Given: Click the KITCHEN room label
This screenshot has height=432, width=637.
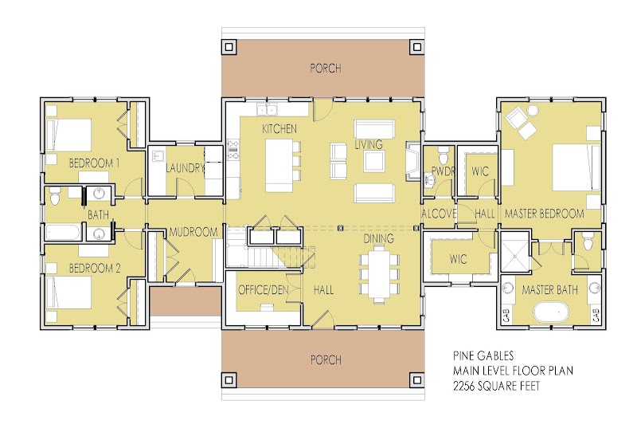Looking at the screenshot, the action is click(279, 129).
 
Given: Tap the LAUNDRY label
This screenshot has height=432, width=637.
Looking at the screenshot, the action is click(185, 167).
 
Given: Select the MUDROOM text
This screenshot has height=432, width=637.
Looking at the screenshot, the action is click(193, 232).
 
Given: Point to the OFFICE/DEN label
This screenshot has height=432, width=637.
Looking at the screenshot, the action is click(264, 290).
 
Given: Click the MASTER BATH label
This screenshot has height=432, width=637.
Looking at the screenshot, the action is click(549, 290).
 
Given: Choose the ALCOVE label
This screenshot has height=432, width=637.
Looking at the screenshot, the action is click(439, 214).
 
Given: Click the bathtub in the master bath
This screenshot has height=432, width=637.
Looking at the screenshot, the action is click(550, 312).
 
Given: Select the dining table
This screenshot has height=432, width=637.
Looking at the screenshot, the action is click(379, 277).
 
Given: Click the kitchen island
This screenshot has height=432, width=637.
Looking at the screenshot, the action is click(279, 166).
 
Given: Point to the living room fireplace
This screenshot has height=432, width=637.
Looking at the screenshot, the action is click(412, 161).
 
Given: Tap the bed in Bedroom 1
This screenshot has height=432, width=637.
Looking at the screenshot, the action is click(68, 135).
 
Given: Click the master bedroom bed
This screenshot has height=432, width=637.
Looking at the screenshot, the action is click(576, 167).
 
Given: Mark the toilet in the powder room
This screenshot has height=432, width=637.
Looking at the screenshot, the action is click(444, 155).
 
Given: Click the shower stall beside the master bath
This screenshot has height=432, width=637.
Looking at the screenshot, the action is click(515, 252).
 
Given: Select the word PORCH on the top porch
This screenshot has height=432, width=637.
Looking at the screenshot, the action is click(326, 69).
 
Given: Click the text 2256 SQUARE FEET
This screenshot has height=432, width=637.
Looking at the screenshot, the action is click(496, 386).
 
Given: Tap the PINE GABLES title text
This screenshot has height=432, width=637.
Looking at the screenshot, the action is click(483, 355).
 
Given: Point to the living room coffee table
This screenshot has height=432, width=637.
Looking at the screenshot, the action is click(374, 161).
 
